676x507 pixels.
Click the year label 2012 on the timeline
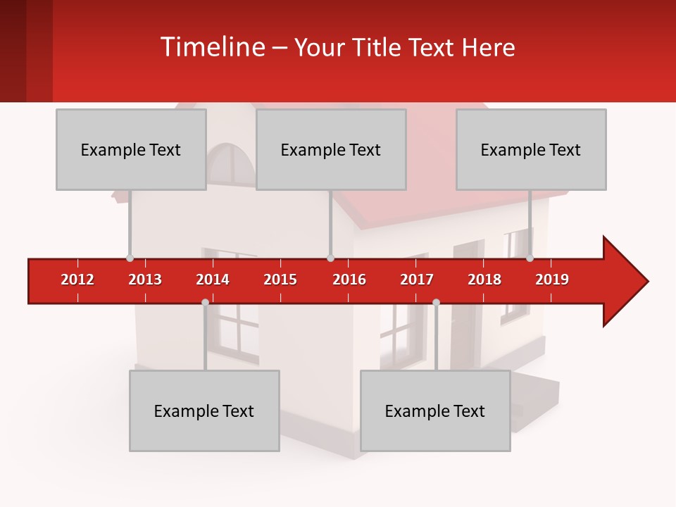77,280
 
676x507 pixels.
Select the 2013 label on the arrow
145,280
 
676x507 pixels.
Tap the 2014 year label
213,280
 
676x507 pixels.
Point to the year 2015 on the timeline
280,280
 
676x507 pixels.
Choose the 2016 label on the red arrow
349,280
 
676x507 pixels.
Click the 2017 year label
417,280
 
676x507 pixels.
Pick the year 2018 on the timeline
484,280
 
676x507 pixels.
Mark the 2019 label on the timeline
552,280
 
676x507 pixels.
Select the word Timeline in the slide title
213,47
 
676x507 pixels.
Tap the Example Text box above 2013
131,149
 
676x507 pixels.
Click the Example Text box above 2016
331,149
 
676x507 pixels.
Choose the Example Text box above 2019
531,149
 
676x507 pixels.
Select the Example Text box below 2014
204,411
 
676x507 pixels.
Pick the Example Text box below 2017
435,411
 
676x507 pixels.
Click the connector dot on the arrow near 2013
130,258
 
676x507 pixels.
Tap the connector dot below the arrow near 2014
205,302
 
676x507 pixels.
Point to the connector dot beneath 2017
436,302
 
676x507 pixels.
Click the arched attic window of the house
232,163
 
